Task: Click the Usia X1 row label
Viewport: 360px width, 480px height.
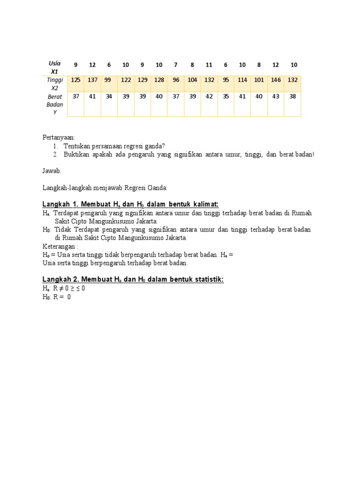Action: click(x=55, y=67)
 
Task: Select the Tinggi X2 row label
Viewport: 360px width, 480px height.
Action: click(x=55, y=83)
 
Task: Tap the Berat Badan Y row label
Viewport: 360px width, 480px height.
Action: click(x=55, y=104)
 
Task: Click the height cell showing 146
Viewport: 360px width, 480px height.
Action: click(x=276, y=80)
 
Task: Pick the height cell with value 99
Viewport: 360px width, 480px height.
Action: click(x=108, y=80)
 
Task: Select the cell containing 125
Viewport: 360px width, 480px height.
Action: click(x=75, y=80)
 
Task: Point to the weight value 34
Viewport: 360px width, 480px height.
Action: click(x=109, y=96)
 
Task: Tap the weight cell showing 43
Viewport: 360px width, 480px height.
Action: click(x=276, y=96)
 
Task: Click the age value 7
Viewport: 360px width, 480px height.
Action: click(x=176, y=65)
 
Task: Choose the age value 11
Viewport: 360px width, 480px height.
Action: click(x=209, y=65)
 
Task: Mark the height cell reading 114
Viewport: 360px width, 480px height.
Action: click(x=242, y=80)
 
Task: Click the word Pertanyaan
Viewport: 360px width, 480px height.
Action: click(x=59, y=137)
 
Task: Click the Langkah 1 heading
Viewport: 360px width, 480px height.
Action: click(x=130, y=204)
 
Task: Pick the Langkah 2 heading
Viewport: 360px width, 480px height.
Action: click(x=133, y=280)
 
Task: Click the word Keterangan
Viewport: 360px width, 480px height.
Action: click(x=60, y=246)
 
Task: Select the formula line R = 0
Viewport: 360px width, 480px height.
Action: click(x=56, y=297)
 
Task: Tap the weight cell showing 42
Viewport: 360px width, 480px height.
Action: click(x=209, y=96)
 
